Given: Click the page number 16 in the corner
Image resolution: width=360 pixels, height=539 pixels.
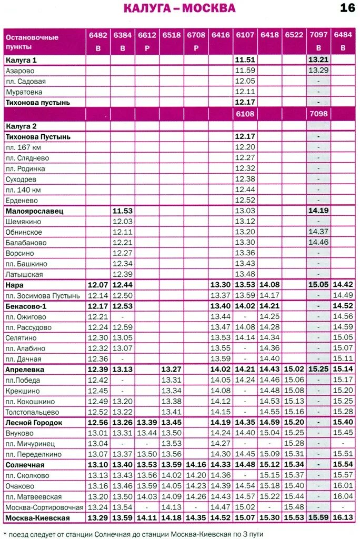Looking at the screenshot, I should [x=347, y=8].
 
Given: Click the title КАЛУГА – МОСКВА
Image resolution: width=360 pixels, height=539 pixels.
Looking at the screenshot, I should [x=179, y=8].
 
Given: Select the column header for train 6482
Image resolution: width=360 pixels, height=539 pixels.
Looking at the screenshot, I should [x=98, y=35].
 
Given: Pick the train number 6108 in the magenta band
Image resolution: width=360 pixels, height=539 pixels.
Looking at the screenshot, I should [x=245, y=114].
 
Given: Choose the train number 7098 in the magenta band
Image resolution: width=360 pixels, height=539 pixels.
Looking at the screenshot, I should [x=318, y=114].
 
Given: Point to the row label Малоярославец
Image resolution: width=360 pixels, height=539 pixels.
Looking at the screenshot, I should [x=34, y=211].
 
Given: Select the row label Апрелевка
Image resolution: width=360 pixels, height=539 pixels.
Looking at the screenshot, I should [x=25, y=370].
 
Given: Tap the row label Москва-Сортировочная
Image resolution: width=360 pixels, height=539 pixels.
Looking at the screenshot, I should [x=44, y=507].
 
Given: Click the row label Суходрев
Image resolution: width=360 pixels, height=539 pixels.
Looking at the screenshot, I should [x=21, y=179].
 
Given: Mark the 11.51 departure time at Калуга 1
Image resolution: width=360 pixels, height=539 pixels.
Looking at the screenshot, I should [x=245, y=60].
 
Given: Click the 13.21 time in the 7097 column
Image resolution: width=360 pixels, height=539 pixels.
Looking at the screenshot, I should [x=318, y=60].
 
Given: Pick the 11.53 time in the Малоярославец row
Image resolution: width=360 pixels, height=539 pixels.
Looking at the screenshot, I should [x=122, y=211].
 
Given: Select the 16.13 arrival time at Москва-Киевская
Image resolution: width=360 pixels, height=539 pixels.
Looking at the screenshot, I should [x=343, y=518].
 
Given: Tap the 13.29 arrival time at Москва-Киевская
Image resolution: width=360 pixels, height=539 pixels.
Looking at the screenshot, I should [x=98, y=518].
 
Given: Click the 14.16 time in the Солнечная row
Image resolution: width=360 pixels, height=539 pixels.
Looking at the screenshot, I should [x=196, y=465].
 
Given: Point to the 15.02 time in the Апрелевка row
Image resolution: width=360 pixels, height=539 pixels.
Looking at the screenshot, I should [x=294, y=370].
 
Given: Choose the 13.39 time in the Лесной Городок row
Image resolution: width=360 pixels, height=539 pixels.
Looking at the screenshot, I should [x=147, y=423].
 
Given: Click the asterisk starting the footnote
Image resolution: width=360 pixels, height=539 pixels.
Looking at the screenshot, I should [x=5, y=532].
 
